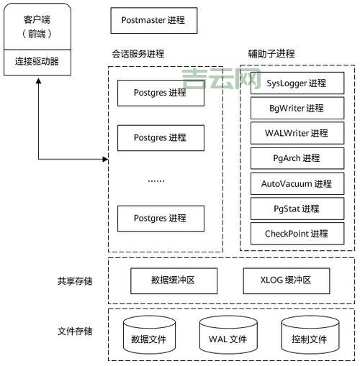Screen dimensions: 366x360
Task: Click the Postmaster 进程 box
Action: pos(154,21)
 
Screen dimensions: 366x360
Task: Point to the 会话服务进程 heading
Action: pos(138,54)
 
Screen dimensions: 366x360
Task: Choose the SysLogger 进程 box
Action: pos(297,83)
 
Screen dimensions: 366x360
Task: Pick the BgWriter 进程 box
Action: pos(297,109)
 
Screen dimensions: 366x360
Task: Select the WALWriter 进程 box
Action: pos(297,133)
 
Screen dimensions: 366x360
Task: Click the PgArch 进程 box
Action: pos(297,158)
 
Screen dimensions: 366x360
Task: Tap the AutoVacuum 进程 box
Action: pos(297,183)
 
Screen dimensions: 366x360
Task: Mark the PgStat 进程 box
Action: pos(297,209)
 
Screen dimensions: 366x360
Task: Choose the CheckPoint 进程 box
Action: pos(297,233)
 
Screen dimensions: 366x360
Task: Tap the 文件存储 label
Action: pos(75,331)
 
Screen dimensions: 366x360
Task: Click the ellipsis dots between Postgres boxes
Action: pos(156,180)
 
